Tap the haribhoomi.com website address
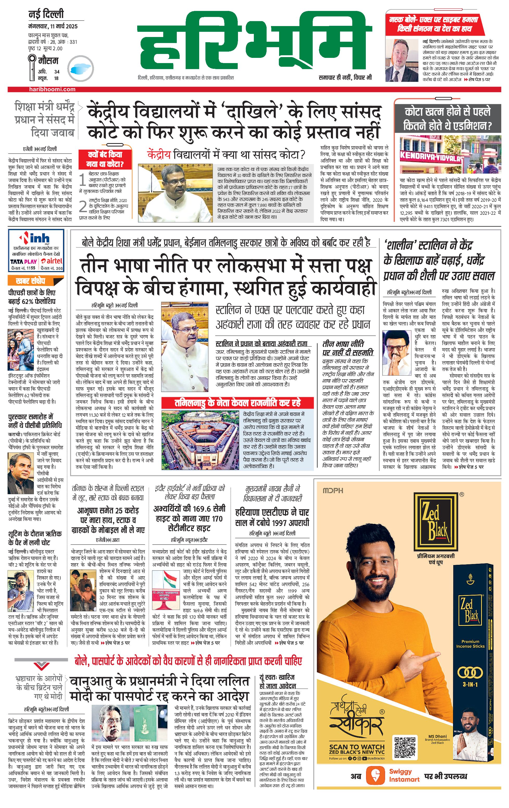click(x=52, y=89)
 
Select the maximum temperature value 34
click(x=57, y=71)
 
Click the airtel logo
click(x=52, y=261)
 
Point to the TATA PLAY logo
click(x=23, y=261)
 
